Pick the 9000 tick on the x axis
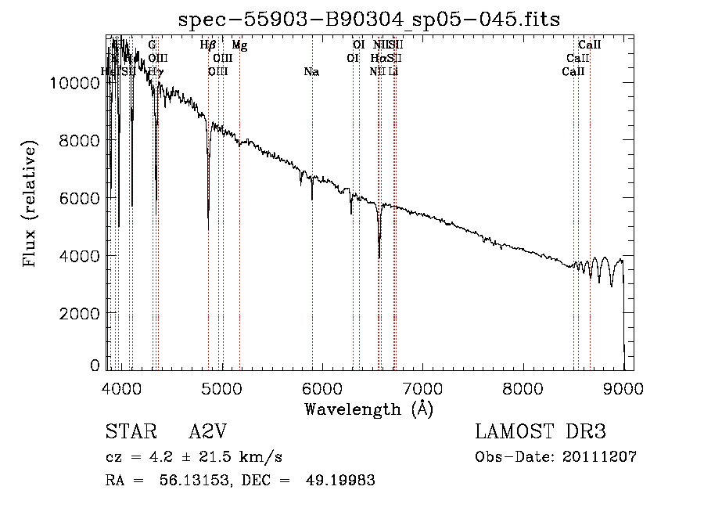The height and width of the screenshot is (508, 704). tap(623, 389)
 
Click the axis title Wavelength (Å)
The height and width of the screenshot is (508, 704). tap(368, 409)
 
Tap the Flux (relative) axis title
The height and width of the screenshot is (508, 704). tap(31, 205)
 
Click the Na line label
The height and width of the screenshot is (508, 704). tap(311, 72)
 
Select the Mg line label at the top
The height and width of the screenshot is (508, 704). tap(239, 45)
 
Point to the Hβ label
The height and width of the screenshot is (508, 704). tap(208, 45)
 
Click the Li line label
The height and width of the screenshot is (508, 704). tap(394, 72)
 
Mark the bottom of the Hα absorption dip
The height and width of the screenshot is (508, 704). tap(379, 257)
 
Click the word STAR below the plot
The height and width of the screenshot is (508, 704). tap(125, 432)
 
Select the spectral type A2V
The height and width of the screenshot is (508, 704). tap(207, 432)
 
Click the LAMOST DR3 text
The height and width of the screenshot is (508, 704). tap(541, 432)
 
